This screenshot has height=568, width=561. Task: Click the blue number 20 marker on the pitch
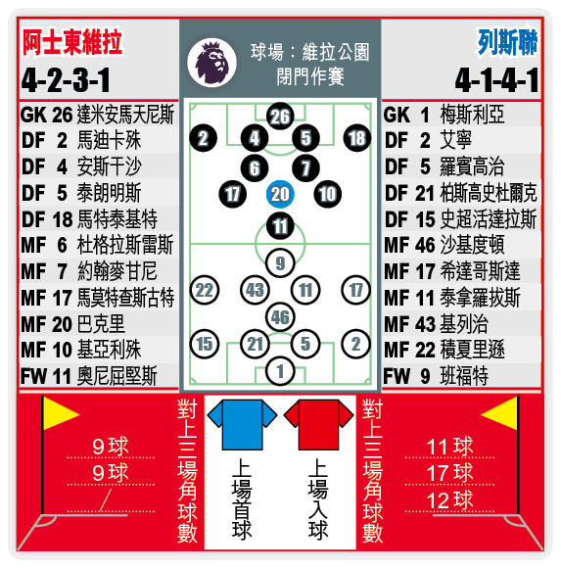pos(280,194)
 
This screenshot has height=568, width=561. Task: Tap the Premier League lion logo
pos(211,63)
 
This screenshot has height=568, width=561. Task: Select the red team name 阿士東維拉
pos(72,42)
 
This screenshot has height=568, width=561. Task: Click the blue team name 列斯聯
pos(507,42)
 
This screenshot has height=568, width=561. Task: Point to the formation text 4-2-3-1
pos(66,80)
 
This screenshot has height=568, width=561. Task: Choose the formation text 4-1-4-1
pos(497,80)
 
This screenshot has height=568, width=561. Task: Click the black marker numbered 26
pos(280,117)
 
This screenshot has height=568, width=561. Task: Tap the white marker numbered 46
pos(280,317)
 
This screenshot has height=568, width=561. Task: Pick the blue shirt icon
pos(242,425)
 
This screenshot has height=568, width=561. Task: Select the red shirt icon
pos(319,425)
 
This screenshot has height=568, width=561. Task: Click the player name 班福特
pos(464,376)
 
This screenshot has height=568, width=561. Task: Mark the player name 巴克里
pos(101,323)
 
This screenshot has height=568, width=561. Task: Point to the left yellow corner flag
pos(61,413)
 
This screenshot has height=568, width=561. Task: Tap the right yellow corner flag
pos(499,413)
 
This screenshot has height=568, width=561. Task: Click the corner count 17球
pos(449,473)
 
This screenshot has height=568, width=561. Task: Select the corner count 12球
pos(449,499)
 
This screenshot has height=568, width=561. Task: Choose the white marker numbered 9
pos(280,263)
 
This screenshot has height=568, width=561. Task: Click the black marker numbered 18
pos(356,138)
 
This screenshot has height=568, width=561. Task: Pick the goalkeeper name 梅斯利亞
pos(472,115)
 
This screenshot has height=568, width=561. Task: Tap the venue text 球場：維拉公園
pos(310,52)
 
